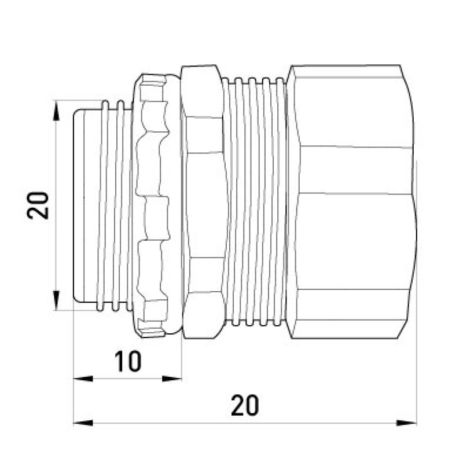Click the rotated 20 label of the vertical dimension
(38, 205)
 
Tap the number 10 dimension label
(128, 361)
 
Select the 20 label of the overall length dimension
(245, 405)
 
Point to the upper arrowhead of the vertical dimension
(56, 111)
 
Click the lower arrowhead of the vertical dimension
(56, 300)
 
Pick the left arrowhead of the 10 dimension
(83, 379)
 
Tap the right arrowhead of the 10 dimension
(172, 379)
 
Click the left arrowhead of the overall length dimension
(83, 423)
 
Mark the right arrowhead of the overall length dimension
(406, 423)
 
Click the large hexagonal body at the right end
(351, 201)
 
